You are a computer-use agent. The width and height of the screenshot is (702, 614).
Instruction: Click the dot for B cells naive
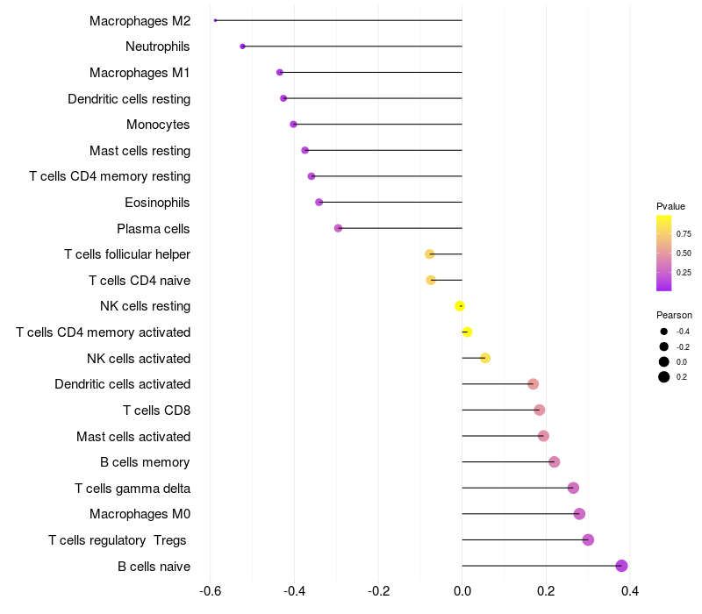621,566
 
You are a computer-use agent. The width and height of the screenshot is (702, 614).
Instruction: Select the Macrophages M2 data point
215,20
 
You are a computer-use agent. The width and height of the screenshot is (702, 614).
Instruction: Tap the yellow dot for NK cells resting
460,306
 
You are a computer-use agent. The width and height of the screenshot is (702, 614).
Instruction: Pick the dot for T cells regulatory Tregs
588,539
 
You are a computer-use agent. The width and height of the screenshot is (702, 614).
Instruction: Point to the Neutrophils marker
242,46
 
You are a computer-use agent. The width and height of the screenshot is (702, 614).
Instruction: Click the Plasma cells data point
338,228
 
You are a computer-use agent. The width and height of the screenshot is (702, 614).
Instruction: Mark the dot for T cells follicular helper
429,254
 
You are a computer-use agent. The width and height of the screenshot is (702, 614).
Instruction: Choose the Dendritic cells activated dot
533,384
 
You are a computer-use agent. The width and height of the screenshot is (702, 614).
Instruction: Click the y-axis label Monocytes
158,125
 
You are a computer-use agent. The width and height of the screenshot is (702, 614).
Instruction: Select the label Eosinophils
158,203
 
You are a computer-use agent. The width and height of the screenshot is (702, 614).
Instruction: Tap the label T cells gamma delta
133,488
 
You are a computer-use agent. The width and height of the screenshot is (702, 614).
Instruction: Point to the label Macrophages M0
140,514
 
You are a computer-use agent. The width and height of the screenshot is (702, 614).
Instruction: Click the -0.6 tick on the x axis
211,590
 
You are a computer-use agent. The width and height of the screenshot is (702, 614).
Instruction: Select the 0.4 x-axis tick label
630,590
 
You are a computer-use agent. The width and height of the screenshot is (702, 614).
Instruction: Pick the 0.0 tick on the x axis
462,590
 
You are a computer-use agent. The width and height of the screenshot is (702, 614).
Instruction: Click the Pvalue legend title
670,206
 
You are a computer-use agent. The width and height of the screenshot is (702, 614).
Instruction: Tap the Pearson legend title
674,315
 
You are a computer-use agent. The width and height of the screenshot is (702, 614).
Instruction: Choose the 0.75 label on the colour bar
684,234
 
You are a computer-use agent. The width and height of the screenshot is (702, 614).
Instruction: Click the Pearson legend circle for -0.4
664,332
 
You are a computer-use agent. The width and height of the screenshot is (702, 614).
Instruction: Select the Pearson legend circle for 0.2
664,377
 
